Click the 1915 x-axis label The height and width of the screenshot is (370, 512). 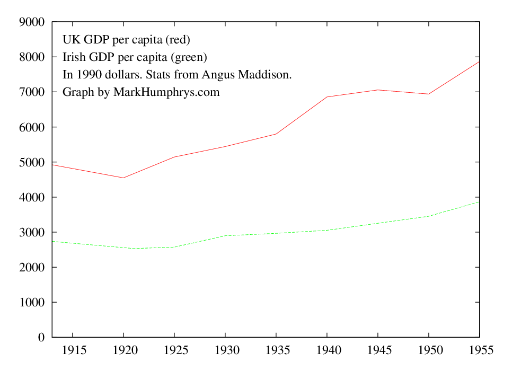[72, 350]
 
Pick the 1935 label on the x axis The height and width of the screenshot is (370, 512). [276, 350]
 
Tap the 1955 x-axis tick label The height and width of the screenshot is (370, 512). [479, 350]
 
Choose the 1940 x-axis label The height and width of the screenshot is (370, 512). [326, 350]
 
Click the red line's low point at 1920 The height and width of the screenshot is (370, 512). [123, 178]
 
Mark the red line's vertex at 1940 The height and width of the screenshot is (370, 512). [326, 97]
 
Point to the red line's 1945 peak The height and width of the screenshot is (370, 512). [377, 90]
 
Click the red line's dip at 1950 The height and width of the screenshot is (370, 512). [428, 94]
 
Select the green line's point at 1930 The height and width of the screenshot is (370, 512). [225, 235]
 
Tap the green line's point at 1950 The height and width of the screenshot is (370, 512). [428, 216]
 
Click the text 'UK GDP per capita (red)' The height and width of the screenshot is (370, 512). [126, 40]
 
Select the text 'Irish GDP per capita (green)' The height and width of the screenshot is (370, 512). [135, 57]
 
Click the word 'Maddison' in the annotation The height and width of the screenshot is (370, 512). [264, 75]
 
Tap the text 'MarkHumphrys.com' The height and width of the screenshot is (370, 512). [166, 92]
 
